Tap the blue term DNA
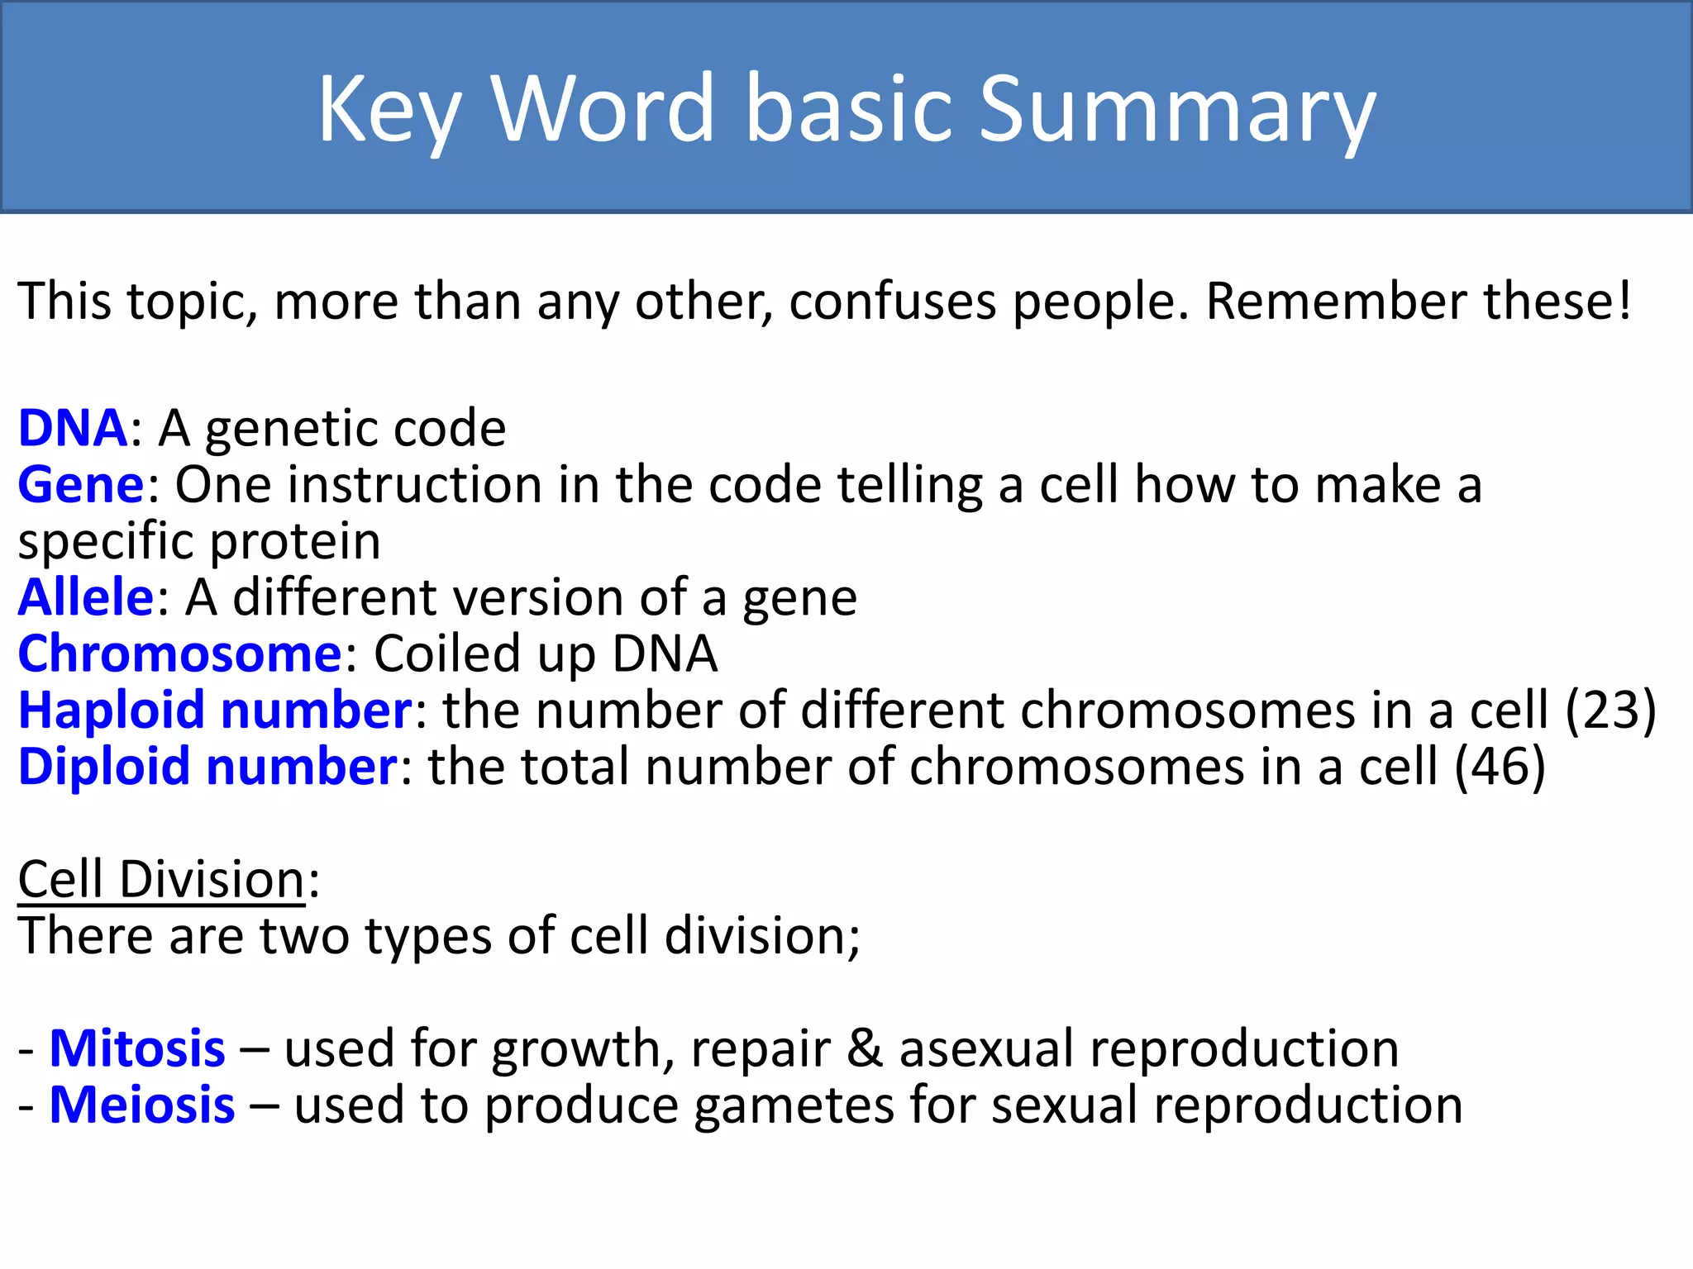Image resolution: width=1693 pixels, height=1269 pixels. tap(73, 428)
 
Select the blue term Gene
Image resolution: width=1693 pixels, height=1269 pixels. tap(81, 485)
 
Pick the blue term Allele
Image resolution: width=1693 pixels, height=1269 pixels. tap(86, 597)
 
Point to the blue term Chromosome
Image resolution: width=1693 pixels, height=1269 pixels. tap(179, 654)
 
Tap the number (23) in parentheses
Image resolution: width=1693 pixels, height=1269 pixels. tap(1610, 711)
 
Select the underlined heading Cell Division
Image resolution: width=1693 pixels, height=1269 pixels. tap(162, 879)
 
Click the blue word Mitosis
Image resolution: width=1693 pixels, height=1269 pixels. tap(137, 1049)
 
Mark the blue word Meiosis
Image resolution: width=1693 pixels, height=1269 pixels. tap(142, 1105)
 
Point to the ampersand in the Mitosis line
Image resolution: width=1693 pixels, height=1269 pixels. tap(865, 1049)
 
